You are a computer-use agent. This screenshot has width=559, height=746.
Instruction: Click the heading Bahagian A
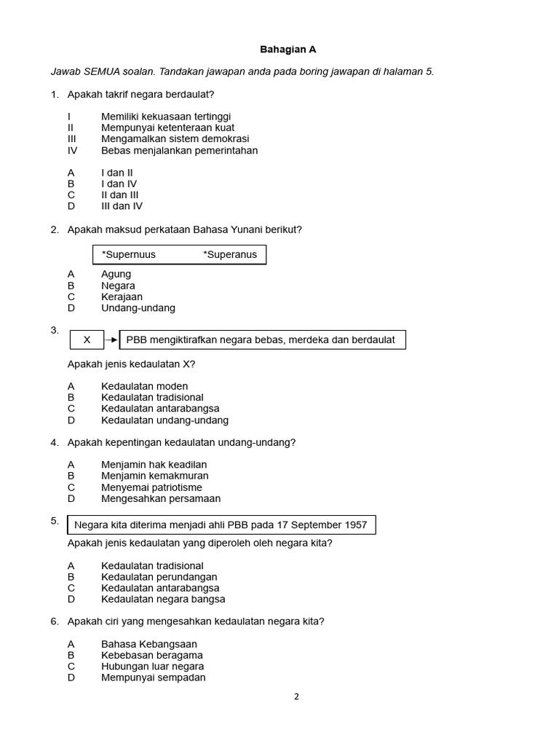[289, 50]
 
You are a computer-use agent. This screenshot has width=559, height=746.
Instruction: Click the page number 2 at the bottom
[296, 696]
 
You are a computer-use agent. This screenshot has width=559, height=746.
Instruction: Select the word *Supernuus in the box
[129, 254]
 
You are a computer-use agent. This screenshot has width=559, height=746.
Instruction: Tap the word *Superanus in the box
[230, 254]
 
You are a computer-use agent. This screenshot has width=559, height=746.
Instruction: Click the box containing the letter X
[87, 340]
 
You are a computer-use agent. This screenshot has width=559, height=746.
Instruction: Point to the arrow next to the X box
[111, 340]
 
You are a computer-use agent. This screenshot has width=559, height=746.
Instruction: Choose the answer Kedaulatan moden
[144, 386]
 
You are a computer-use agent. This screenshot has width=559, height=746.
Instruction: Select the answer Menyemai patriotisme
[151, 487]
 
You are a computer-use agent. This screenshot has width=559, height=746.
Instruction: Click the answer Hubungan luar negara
[152, 667]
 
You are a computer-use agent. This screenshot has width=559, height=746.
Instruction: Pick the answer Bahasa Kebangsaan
[149, 644]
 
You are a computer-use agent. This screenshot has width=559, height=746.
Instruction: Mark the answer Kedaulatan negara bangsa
[163, 599]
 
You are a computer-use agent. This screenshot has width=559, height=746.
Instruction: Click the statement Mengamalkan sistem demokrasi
[175, 138]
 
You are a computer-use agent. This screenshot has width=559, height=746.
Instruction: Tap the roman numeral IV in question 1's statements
[72, 151]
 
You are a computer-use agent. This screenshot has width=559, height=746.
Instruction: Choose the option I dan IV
[119, 184]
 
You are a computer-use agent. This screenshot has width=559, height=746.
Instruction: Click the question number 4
[55, 442]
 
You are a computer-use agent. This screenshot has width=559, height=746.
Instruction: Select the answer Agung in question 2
[116, 274]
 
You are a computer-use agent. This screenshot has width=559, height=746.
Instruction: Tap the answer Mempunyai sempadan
[153, 678]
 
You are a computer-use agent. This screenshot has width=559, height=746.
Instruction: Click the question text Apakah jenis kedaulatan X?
[131, 364]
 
